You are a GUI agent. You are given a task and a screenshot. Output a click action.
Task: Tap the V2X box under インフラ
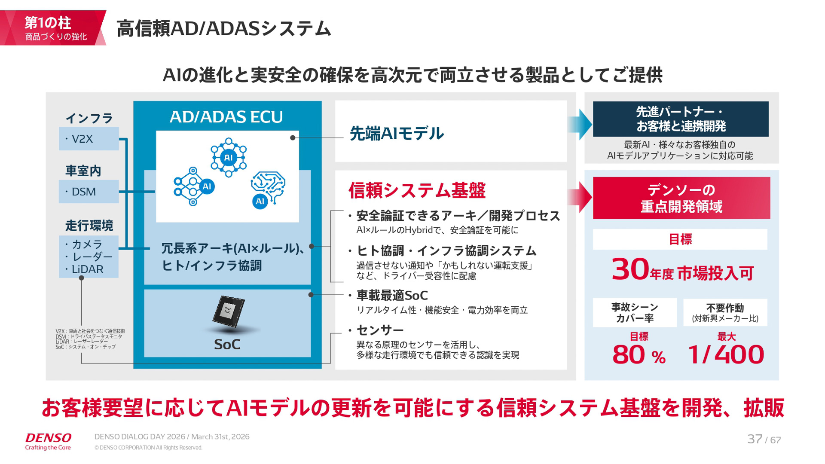click(89, 139)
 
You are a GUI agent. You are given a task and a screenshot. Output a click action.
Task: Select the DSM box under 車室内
click(89, 192)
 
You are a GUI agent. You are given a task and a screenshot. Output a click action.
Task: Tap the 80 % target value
click(639, 355)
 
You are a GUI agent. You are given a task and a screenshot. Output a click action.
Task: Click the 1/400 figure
click(726, 355)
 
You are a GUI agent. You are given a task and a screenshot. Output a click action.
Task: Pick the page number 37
click(755, 439)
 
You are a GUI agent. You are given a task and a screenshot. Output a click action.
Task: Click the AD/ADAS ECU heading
click(226, 117)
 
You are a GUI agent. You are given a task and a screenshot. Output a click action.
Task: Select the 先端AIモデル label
click(397, 134)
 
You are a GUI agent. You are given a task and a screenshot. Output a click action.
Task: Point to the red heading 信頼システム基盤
click(417, 190)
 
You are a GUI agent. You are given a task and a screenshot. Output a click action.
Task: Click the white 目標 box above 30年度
click(680, 239)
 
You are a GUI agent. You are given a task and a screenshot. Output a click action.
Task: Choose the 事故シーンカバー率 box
click(635, 312)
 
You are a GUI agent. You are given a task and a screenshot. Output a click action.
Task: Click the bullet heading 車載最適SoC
click(392, 296)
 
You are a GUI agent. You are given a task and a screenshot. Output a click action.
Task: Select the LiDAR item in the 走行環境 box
click(87, 269)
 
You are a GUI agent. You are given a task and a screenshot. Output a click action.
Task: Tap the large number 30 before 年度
click(630, 269)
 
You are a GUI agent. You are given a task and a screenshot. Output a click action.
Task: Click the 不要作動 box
click(725, 312)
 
